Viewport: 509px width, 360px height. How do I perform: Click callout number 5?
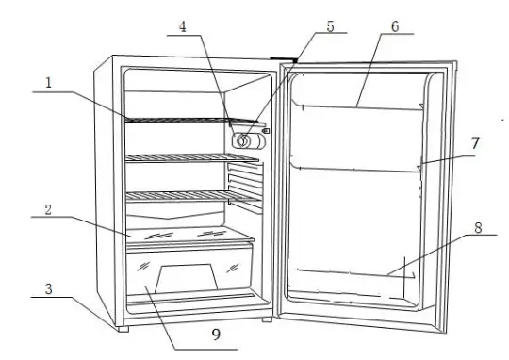[x=330, y=27]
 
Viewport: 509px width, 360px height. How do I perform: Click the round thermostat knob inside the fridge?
[x=245, y=141]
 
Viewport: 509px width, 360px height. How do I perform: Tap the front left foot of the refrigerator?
[x=121, y=329]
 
